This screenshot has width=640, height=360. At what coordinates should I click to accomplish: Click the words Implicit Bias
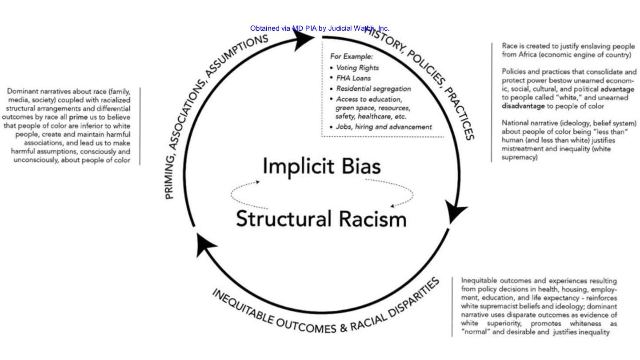coord(321,167)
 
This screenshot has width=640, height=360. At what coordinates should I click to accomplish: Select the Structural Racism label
coord(321,219)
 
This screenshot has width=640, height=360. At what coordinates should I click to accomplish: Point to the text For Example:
coord(352,56)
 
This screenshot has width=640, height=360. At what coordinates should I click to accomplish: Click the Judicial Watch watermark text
coord(320,28)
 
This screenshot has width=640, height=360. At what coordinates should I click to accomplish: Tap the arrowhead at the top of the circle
coord(304,40)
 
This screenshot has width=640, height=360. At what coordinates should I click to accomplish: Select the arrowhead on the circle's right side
coord(456,211)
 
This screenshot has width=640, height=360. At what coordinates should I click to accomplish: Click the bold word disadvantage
coord(523,106)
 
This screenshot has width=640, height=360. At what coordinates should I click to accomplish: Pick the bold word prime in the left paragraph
coord(78,117)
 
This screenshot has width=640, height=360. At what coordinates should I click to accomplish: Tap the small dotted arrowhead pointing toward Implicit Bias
coord(258,182)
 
